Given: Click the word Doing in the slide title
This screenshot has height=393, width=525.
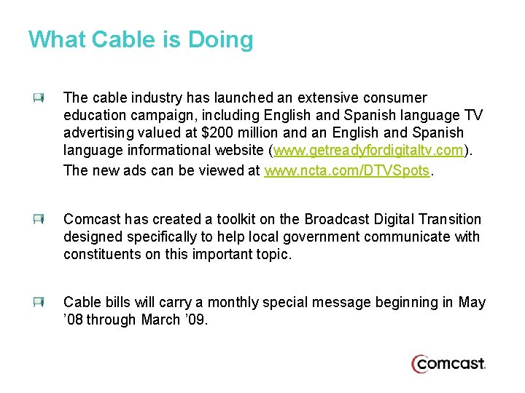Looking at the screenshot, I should [x=221, y=40].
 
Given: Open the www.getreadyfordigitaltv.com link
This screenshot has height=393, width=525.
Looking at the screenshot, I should [x=368, y=151].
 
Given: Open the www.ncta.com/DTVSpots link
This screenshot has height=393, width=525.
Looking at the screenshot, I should [x=349, y=170].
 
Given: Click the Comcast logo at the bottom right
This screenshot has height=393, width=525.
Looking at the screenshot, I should [x=448, y=362].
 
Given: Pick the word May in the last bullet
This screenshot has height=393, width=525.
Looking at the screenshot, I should [x=471, y=302].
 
